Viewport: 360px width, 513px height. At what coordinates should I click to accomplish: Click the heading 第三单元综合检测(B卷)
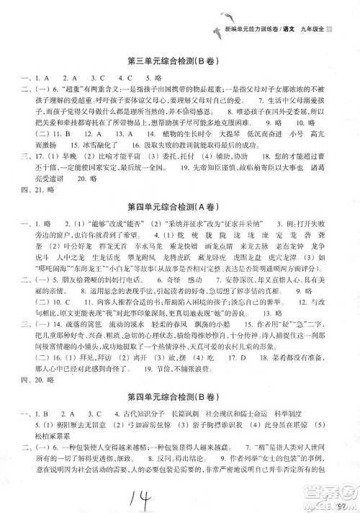(x=180, y=60)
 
